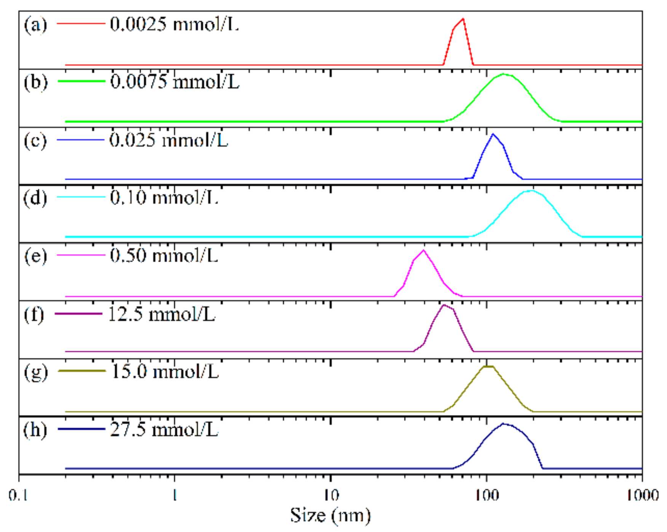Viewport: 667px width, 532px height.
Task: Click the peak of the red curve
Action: [x=463, y=19]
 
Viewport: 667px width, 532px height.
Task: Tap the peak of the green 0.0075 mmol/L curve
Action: [x=504, y=74]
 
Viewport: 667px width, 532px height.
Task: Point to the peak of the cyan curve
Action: [x=531, y=191]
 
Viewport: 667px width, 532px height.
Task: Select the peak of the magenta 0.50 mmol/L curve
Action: [x=423, y=251]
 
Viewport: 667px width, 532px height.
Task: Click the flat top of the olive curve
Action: [x=489, y=367]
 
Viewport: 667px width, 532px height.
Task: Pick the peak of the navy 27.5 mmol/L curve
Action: [x=503, y=424]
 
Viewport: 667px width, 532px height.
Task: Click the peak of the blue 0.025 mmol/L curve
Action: [x=493, y=135]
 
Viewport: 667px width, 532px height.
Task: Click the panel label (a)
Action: [x=35, y=25]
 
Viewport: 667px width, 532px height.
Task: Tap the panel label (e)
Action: [x=35, y=256]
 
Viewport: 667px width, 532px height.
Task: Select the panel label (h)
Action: [x=35, y=430]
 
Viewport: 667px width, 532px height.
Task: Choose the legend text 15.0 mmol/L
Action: [x=165, y=372]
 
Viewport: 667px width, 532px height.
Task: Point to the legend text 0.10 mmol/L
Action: [x=164, y=198]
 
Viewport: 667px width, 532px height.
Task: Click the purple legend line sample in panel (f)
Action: [x=79, y=314]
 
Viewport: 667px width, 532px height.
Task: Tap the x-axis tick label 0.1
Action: [x=19, y=496]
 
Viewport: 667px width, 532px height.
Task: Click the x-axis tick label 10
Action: [x=330, y=496]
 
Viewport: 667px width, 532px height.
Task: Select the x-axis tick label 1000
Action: [x=643, y=496]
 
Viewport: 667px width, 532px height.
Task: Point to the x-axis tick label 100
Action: [x=487, y=496]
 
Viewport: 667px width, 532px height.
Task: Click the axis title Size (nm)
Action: [x=330, y=516]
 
